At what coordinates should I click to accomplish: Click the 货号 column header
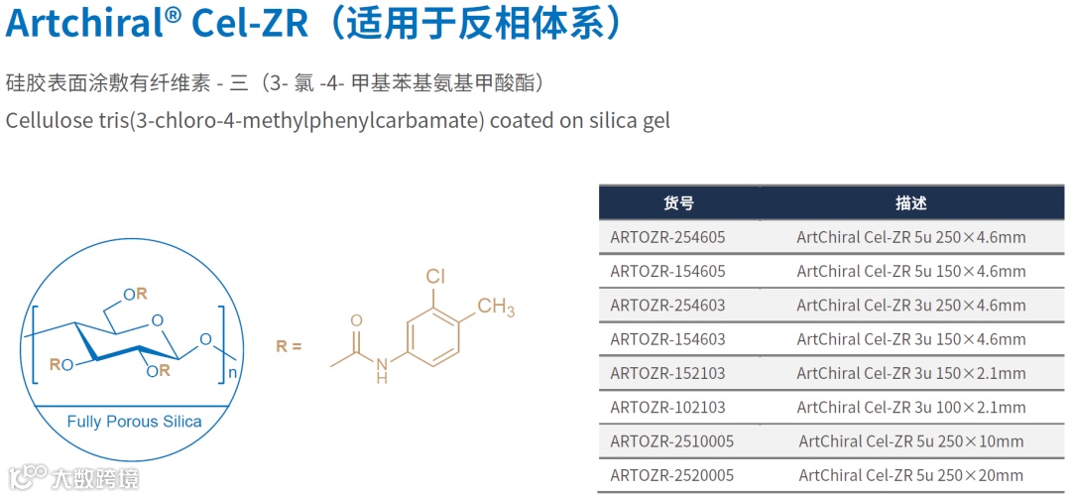point(678,203)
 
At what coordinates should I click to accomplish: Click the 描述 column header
point(910,203)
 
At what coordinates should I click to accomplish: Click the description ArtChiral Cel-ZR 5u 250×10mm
point(910,440)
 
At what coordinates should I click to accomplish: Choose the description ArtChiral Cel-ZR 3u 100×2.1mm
point(910,407)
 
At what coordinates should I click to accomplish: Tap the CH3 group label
point(496,308)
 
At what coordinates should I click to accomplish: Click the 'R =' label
point(289,347)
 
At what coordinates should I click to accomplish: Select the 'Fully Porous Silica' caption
point(134,422)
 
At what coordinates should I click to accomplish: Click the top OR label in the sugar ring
point(135,294)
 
